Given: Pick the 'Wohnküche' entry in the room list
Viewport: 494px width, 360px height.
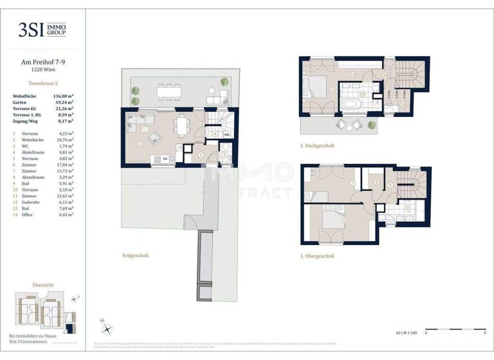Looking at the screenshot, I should pyautogui.click(x=33, y=139).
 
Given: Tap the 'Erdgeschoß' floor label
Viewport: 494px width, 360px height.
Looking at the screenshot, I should pyautogui.click(x=136, y=256).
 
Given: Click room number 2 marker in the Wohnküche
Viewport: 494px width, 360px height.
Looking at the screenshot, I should pyautogui.click(x=139, y=143).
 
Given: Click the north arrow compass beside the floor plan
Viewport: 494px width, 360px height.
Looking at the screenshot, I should pyautogui.click(x=106, y=327).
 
